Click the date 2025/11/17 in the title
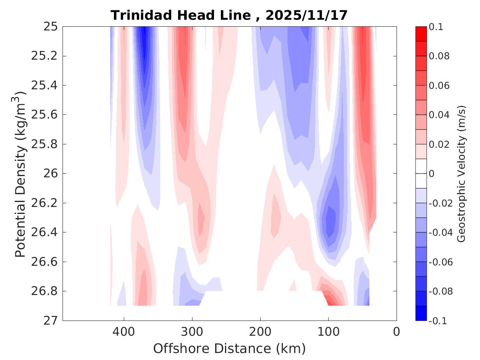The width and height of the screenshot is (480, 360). (x=306, y=16)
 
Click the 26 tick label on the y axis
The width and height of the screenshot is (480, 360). (x=51, y=173)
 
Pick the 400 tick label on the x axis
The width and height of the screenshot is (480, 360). (x=124, y=331)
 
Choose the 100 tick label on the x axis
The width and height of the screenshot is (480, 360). (x=328, y=331)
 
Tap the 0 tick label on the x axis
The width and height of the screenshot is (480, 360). (x=397, y=331)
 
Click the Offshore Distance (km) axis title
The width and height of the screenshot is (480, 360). (x=230, y=349)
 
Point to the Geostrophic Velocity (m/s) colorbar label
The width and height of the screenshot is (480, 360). (x=461, y=173)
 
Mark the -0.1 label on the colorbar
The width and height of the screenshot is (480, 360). (x=438, y=321)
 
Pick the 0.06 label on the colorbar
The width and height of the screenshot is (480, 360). (x=439, y=86)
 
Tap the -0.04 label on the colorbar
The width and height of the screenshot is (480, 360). (x=440, y=232)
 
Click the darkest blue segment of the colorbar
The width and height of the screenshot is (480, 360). (x=421, y=313)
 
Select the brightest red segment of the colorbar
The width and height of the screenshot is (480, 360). (x=421, y=34)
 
